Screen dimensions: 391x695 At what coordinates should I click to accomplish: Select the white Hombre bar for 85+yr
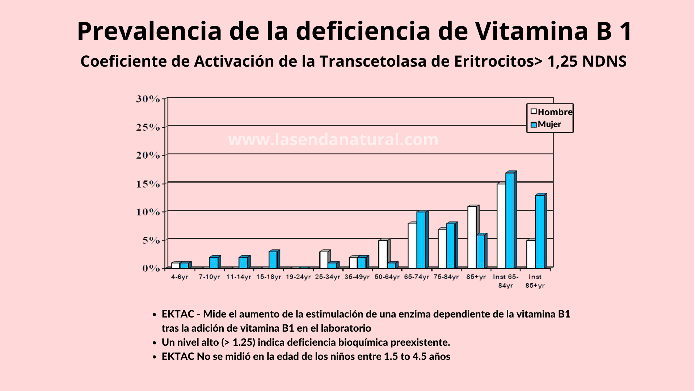tap(472, 237)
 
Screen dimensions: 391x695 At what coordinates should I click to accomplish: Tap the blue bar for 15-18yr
tap(273, 260)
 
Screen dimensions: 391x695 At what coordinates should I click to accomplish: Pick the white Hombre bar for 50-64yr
tap(383, 254)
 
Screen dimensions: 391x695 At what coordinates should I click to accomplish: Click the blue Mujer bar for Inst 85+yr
tap(539, 232)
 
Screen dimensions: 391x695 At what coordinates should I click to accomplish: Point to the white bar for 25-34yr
tap(324, 260)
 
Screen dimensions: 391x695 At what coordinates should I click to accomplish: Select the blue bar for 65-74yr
tap(421, 240)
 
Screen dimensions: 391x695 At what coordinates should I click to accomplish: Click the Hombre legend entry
tap(551, 112)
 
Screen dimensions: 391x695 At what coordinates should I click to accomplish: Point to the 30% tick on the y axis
tap(148, 99)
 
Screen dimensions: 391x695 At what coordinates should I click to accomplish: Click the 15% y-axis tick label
tap(148, 184)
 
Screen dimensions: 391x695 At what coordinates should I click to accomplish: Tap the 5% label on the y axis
tap(151, 240)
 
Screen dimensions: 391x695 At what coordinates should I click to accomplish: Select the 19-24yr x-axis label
tap(298, 277)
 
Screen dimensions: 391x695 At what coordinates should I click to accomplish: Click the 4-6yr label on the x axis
tap(180, 277)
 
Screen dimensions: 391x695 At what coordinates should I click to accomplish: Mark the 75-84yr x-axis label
tap(446, 277)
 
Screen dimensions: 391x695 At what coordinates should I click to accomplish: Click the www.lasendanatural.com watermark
tap(333, 140)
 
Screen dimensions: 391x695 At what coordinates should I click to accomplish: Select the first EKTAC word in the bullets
tap(178, 314)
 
